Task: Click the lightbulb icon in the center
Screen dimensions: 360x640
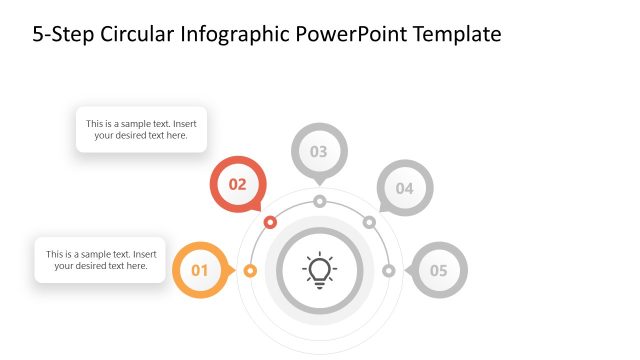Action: coord(319,270)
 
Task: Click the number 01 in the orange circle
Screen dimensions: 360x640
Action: coord(200,270)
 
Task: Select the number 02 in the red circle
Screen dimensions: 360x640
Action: coord(238,184)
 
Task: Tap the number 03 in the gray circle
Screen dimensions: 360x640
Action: coord(319,152)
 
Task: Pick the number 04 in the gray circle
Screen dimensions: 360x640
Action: coord(404,188)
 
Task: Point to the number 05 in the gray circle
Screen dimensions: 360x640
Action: coord(439,270)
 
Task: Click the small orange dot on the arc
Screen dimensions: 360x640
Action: coord(250,270)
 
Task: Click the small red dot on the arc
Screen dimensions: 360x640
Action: coord(270,221)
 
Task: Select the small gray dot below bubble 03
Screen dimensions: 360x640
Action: coord(319,201)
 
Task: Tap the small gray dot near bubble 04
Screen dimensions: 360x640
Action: coord(369,221)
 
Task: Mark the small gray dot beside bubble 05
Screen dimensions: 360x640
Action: coord(389,270)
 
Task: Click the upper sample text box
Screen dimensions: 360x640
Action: coord(141,130)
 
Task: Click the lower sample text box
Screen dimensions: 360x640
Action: coord(100,260)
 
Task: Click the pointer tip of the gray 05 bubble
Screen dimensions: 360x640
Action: coord(405,270)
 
